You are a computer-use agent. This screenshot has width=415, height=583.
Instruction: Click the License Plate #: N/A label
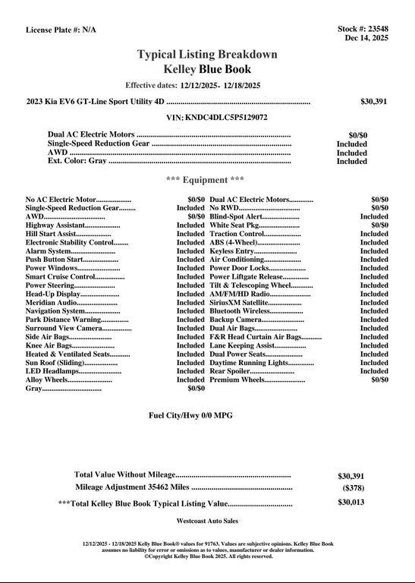[x=61, y=30]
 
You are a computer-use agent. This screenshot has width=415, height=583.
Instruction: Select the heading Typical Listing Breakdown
[x=207, y=55]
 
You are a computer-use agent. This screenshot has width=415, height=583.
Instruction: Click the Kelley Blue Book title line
[x=207, y=69]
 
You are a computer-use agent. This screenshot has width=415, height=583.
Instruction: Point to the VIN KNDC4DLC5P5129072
[x=216, y=118]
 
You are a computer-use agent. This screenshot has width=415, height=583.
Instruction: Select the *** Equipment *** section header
[x=205, y=180]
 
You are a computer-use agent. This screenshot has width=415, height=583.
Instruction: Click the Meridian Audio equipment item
[x=61, y=302]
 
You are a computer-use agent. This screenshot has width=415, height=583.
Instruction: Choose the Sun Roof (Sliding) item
[x=61, y=363]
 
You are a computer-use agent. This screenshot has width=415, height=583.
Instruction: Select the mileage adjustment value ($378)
[x=352, y=488]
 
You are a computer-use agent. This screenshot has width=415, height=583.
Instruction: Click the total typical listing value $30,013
[x=351, y=503]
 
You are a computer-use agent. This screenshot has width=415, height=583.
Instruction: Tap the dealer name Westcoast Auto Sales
[x=207, y=522]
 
